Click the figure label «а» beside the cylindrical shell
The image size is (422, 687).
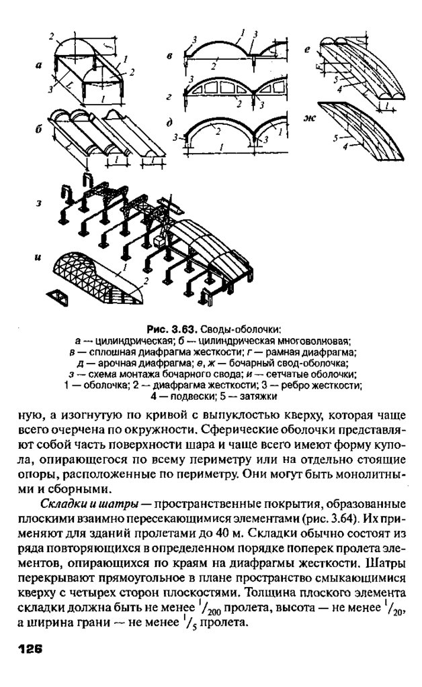tap(40, 65)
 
